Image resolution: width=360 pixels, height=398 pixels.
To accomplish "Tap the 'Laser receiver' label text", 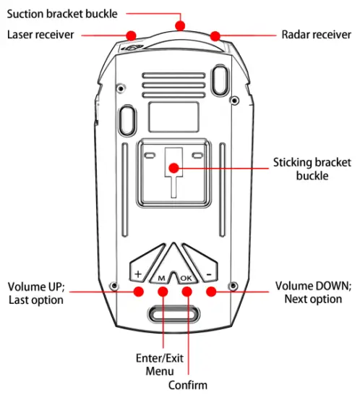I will (x=40, y=35).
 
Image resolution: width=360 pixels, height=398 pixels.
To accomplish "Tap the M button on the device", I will (x=161, y=278).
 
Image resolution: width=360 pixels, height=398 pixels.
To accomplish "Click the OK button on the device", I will (x=187, y=278).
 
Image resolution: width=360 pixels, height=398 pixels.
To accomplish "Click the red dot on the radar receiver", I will (x=215, y=35).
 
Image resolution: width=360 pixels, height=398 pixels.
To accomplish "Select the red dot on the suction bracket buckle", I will (x=180, y=26).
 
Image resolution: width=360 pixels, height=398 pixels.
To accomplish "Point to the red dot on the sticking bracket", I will (x=174, y=168).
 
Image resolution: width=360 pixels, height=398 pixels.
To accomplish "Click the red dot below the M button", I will (x=163, y=292).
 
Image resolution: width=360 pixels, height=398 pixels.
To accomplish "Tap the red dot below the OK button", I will (x=188, y=292).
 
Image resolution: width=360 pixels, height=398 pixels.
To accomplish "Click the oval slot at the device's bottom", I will (x=173, y=314).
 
